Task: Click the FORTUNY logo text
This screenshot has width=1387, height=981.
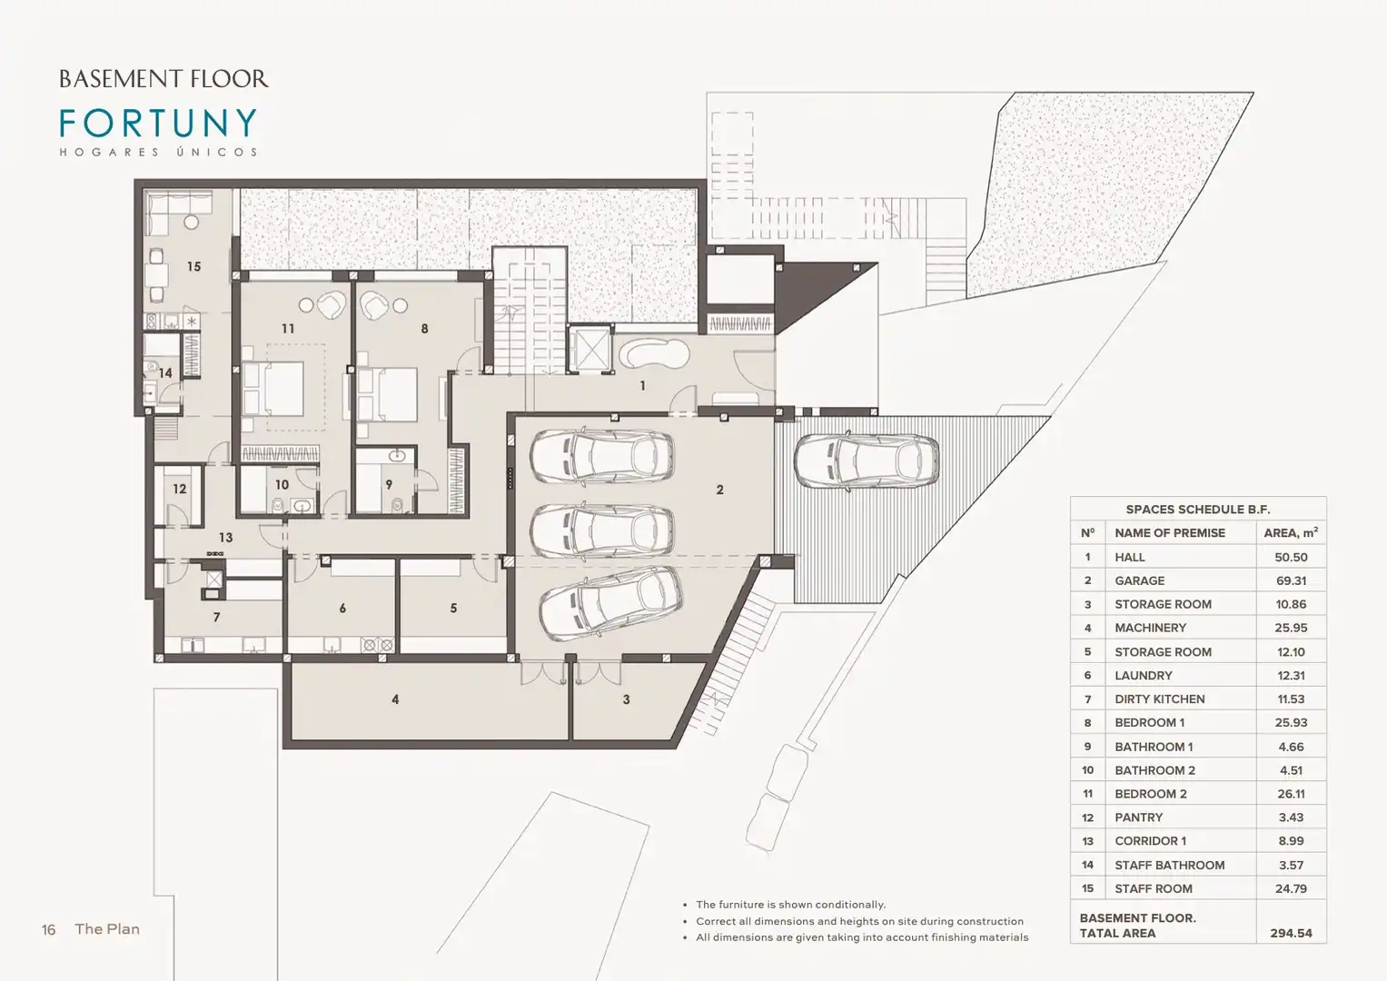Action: pyautogui.click(x=158, y=123)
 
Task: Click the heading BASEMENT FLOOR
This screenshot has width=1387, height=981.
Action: pyautogui.click(x=163, y=79)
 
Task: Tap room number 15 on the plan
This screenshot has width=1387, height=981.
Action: pyautogui.click(x=193, y=266)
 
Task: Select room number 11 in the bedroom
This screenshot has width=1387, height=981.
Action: pyautogui.click(x=288, y=328)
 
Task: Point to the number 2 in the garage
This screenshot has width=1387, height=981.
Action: pyautogui.click(x=719, y=490)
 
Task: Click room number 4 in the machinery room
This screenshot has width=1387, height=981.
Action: pyautogui.click(x=395, y=699)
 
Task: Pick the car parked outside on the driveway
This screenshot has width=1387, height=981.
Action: pyautogui.click(x=867, y=461)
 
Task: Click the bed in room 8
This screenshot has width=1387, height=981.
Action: pyautogui.click(x=386, y=394)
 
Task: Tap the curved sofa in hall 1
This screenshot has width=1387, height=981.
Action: pyautogui.click(x=655, y=354)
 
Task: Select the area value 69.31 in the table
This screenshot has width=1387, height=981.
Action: pyautogui.click(x=1291, y=580)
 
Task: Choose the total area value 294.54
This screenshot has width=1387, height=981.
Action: pyautogui.click(x=1291, y=933)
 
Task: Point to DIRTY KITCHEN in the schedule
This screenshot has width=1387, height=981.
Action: pyautogui.click(x=1160, y=699)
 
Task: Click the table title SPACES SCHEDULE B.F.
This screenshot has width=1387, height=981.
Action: pyautogui.click(x=1198, y=509)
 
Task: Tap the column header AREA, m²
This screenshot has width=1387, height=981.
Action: pyautogui.click(x=1291, y=532)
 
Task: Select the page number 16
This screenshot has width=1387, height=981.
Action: pyautogui.click(x=48, y=929)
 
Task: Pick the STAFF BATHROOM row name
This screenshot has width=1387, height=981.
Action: pyautogui.click(x=1170, y=865)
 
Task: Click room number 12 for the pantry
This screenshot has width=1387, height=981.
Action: pyautogui.click(x=180, y=489)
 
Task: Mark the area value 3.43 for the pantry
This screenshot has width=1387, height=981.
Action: pyautogui.click(x=1291, y=817)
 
